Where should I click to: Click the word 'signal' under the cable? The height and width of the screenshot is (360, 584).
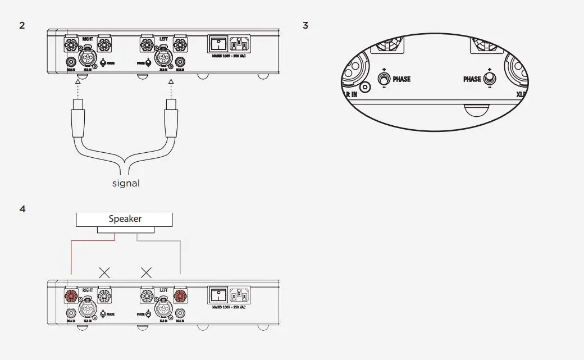pyautogui.click(x=126, y=183)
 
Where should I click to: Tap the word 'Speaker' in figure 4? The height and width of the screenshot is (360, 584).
pyautogui.click(x=125, y=219)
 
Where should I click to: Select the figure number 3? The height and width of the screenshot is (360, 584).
pyautogui.click(x=305, y=25)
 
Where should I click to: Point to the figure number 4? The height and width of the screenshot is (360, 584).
pyautogui.click(x=22, y=209)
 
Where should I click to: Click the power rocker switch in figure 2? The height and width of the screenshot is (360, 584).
pyautogui.click(x=218, y=43)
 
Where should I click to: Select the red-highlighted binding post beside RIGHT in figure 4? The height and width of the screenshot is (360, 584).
pyautogui.click(x=71, y=296)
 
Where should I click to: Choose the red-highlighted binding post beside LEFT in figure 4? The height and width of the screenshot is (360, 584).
pyautogui.click(x=180, y=296)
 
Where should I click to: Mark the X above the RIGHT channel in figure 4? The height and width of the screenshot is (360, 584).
pyautogui.click(x=104, y=273)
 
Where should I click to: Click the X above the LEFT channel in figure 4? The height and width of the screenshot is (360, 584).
pyautogui.click(x=146, y=273)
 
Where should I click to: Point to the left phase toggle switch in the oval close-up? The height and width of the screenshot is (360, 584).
pyautogui.click(x=385, y=79)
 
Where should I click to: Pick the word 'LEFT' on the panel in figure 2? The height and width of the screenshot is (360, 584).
pyautogui.click(x=163, y=38)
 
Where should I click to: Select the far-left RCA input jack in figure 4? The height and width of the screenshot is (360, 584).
pyautogui.click(x=71, y=313)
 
